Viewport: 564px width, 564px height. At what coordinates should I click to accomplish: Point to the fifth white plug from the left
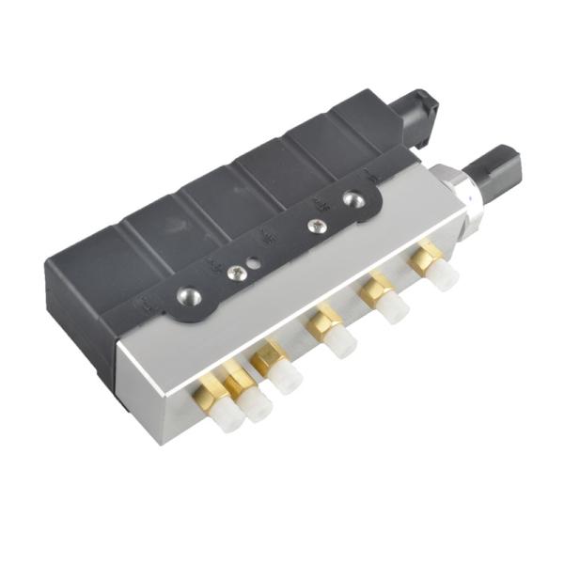tap(392, 307)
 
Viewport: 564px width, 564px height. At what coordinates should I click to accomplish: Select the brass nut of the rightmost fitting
tap(427, 254)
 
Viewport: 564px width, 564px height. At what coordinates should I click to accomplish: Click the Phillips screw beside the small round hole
tap(236, 273)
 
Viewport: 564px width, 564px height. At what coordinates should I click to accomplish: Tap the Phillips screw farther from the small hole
tap(317, 226)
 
